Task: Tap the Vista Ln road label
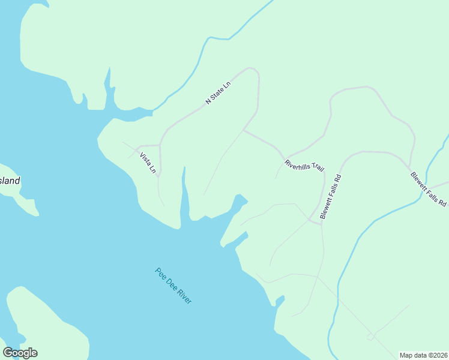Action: pyautogui.click(x=148, y=163)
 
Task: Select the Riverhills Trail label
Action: pyautogui.click(x=304, y=166)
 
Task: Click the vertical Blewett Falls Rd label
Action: pyautogui.click(x=331, y=196)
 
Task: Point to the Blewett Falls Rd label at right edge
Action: pyautogui.click(x=429, y=190)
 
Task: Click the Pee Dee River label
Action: pyautogui.click(x=173, y=285)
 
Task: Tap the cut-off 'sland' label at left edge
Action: pyautogui.click(x=10, y=180)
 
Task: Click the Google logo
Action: pyautogui.click(x=20, y=353)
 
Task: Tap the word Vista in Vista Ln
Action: pyautogui.click(x=145, y=159)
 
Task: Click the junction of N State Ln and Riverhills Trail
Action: pyautogui.click(x=243, y=130)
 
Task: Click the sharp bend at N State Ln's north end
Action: pyautogui.click(x=255, y=70)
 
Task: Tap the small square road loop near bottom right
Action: pyautogui.click(x=370, y=337)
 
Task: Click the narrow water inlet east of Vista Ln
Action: pyautogui.click(x=184, y=192)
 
